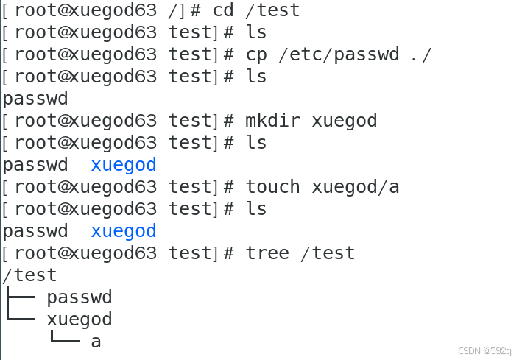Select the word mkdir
coord(272,121)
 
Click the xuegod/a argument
coord(356,187)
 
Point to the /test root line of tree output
coord(29,275)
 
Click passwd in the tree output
coord(80,297)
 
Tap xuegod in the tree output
coord(80,320)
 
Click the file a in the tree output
coord(96,342)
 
